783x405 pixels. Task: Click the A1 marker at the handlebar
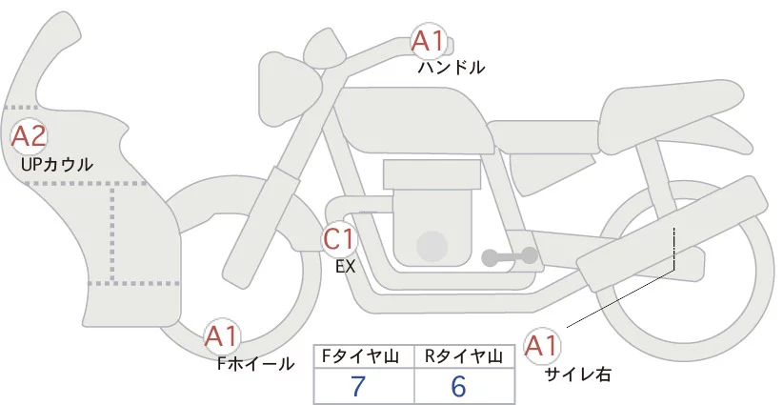tap(427, 41)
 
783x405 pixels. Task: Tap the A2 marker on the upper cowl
tap(28, 135)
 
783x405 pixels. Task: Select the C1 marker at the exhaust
tap(340, 238)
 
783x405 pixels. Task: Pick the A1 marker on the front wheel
tap(222, 335)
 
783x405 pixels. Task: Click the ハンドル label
tap(452, 68)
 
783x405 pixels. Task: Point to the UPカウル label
tap(56, 164)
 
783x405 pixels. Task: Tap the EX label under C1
tap(345, 267)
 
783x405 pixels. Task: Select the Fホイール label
tap(255, 363)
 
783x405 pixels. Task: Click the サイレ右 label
tap(577, 375)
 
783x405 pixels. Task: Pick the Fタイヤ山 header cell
tap(365, 356)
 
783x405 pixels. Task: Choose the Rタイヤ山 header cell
tap(466, 356)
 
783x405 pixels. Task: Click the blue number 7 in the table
tap(358, 386)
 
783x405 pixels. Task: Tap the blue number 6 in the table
tap(459, 386)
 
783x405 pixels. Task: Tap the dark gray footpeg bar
tap(510, 256)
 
